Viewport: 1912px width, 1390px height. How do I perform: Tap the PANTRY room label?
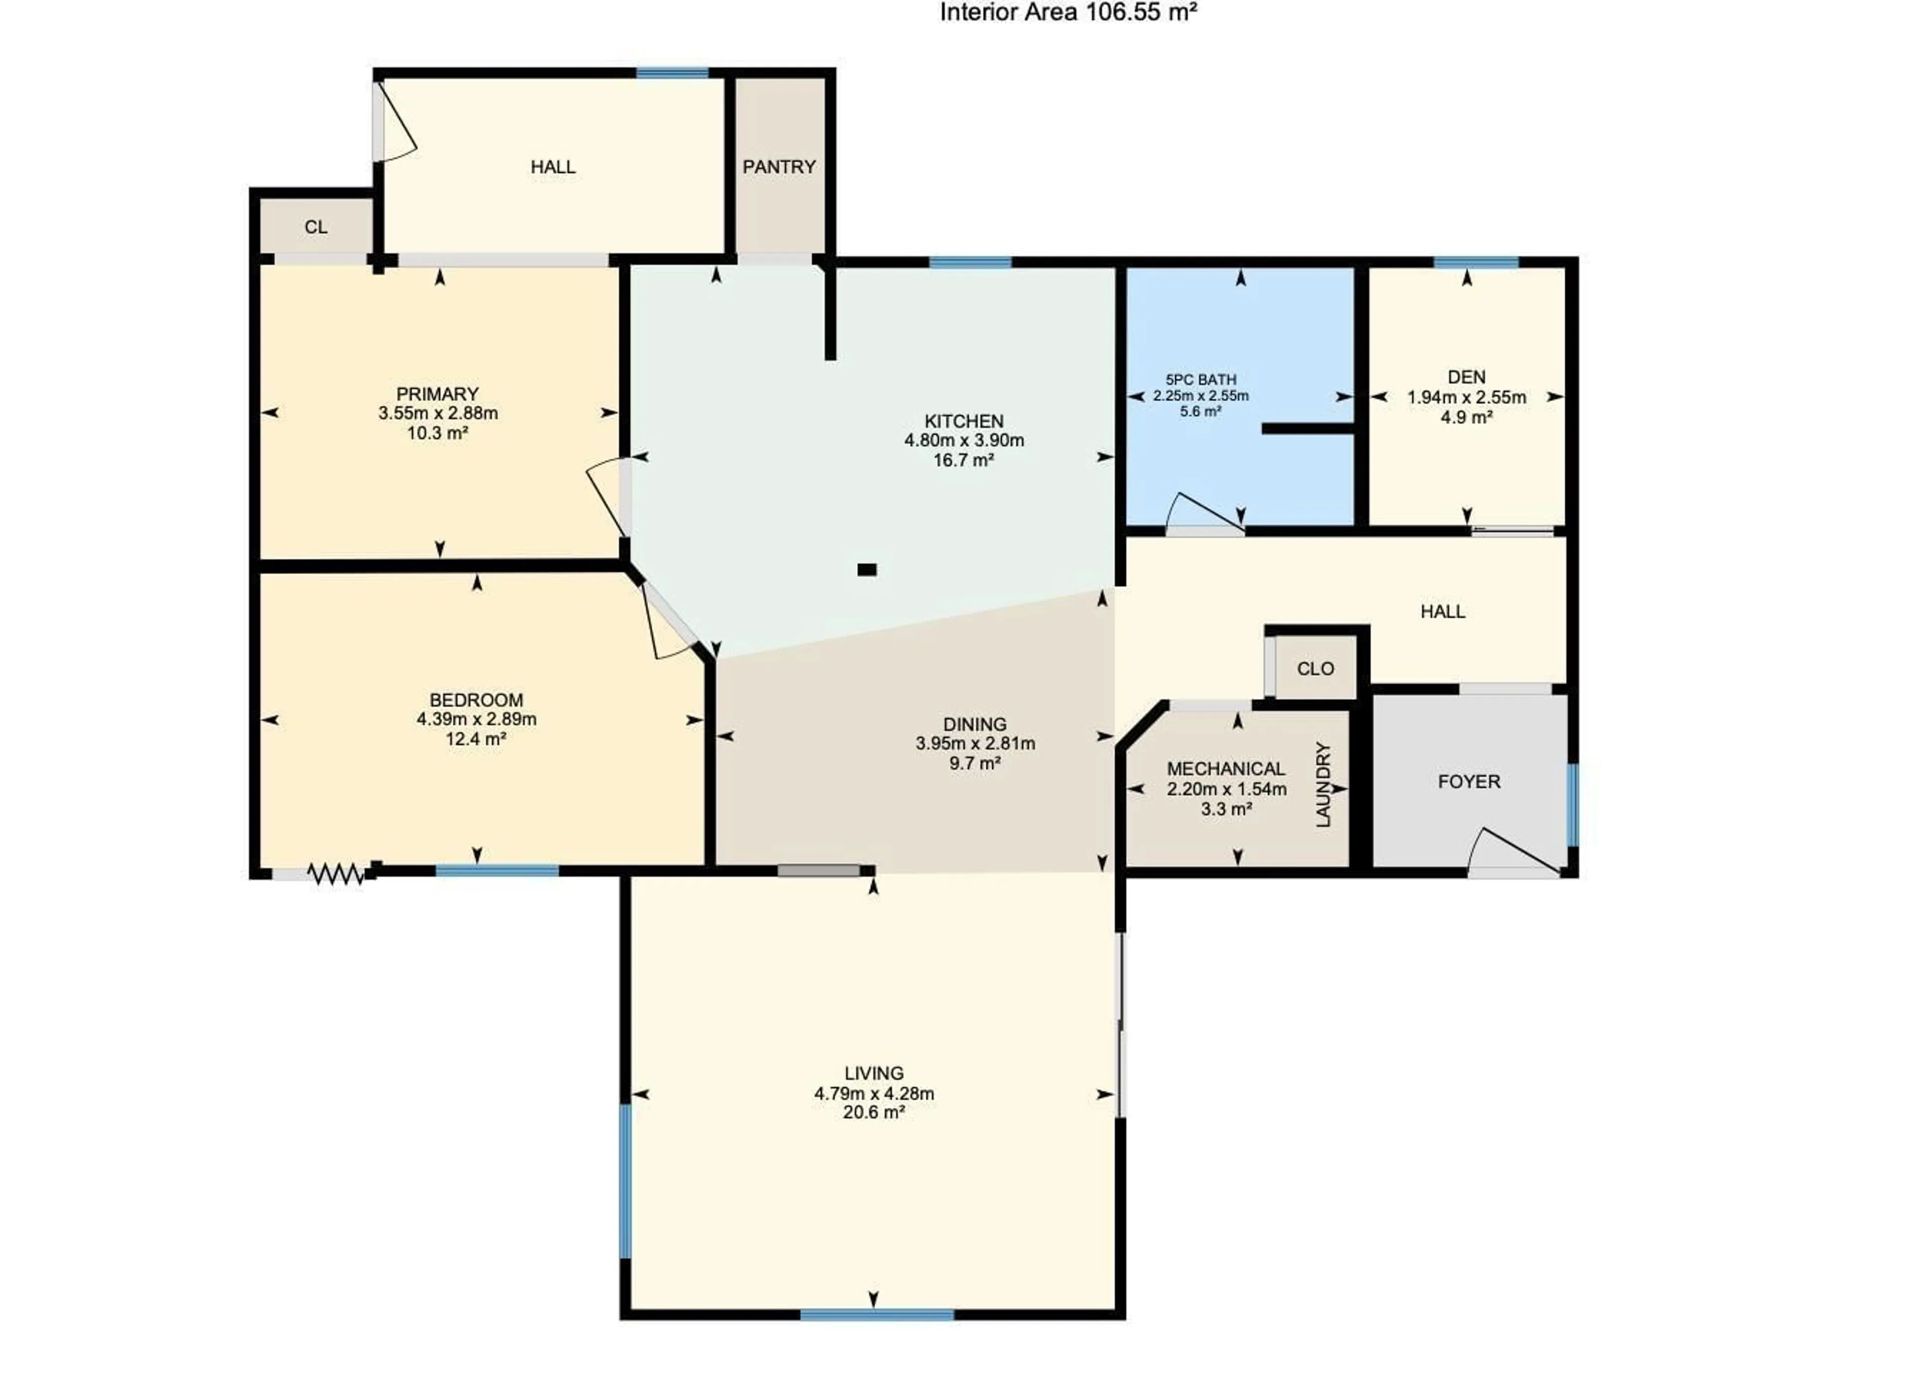[x=778, y=167]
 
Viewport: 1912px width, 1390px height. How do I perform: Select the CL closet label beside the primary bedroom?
[x=316, y=227]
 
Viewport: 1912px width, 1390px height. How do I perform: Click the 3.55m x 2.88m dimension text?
[x=438, y=414]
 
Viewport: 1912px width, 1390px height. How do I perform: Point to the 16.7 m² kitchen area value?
[x=963, y=460]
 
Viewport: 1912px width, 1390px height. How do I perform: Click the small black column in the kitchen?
[x=867, y=569]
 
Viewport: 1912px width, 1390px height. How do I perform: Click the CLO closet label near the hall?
[x=1315, y=669]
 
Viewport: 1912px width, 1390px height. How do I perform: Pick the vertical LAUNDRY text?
[x=1323, y=784]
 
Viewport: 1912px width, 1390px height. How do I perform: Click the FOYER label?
[x=1468, y=782]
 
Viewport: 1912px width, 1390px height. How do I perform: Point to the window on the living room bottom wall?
[x=877, y=1314]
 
